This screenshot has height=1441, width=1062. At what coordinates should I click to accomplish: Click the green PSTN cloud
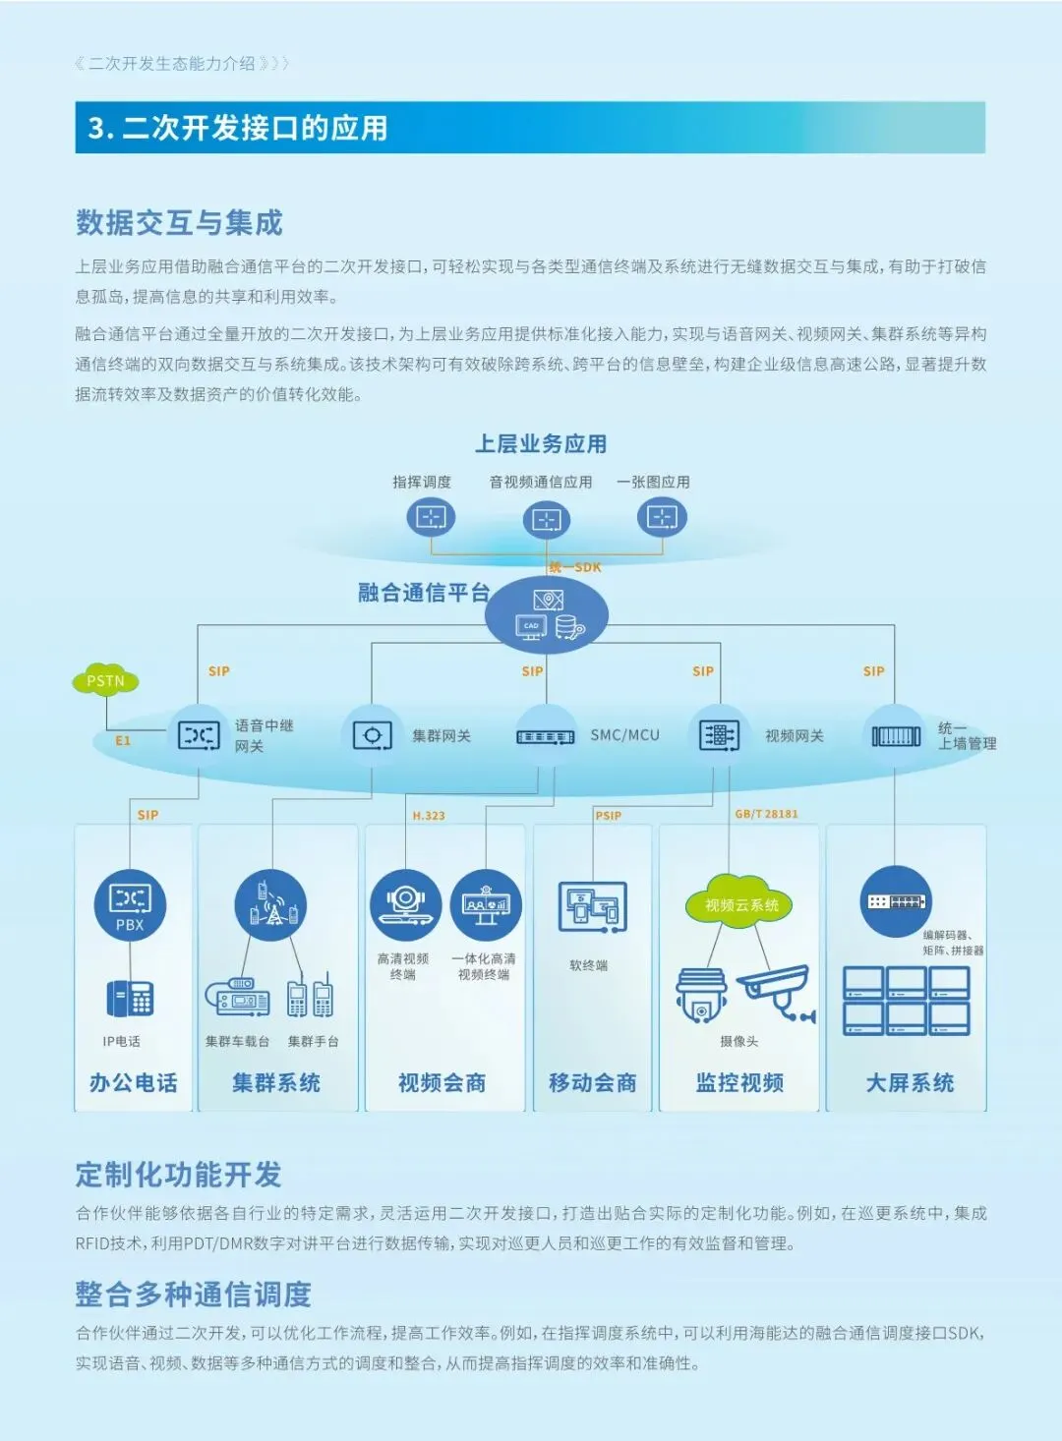pos(105,681)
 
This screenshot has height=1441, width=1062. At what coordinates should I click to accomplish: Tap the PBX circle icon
pos(130,904)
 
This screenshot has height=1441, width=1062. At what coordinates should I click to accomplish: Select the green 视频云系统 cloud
pos(741,904)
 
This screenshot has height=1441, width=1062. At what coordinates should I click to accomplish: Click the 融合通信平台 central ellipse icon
pos(548,614)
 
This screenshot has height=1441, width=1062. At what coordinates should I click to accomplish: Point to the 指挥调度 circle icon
pos(431,517)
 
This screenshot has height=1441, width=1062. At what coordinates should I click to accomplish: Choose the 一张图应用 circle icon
pos(662,517)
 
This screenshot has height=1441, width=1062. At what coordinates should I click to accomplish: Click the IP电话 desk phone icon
pos(130,998)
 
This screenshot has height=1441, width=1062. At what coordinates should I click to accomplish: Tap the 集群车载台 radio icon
pos(237,998)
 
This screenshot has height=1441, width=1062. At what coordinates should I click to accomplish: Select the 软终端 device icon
pos(592,906)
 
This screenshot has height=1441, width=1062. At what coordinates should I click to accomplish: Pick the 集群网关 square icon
pos(372,735)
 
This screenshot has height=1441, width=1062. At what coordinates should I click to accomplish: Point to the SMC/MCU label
pos(624,735)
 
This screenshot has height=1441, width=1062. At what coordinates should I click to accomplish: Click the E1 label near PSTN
pos(123,740)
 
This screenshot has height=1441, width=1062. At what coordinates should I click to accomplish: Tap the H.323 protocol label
pos(429,816)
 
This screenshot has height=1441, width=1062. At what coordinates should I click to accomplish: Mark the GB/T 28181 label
pos(766,814)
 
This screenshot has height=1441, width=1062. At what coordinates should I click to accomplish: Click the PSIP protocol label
pos(608,816)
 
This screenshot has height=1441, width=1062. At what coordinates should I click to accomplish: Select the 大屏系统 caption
pos(910,1083)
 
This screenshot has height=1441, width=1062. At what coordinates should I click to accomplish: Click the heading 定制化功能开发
pos(179,1175)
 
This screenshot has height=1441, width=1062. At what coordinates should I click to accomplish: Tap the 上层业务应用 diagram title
pos(541,444)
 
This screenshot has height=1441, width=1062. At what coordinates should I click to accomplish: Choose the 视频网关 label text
pos(795,736)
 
